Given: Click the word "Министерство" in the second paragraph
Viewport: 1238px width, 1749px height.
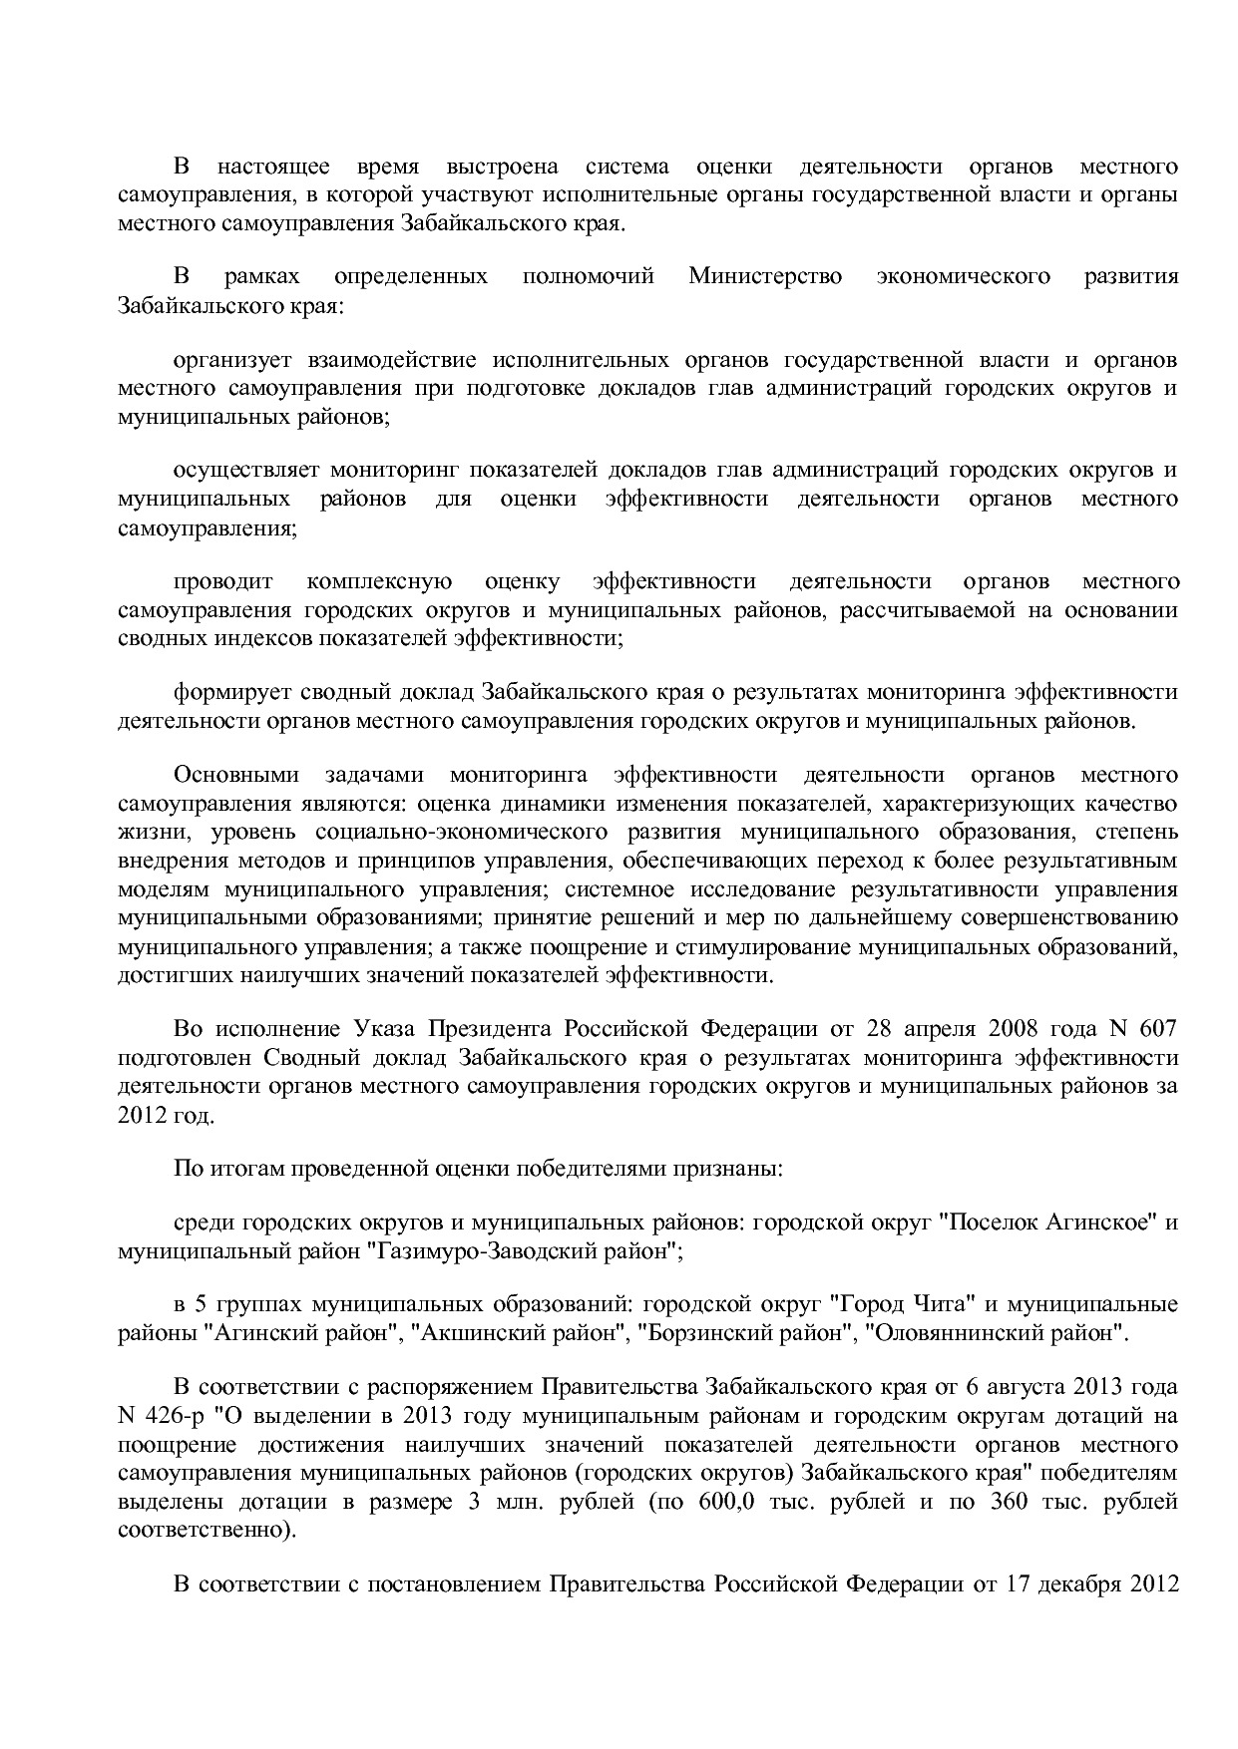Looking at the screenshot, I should point(764,276).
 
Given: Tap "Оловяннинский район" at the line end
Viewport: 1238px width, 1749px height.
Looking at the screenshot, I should point(996,1332).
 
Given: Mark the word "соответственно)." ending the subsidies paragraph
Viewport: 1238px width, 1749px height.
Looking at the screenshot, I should point(206,1529).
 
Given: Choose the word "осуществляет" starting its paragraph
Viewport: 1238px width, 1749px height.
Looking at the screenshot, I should point(241,470).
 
